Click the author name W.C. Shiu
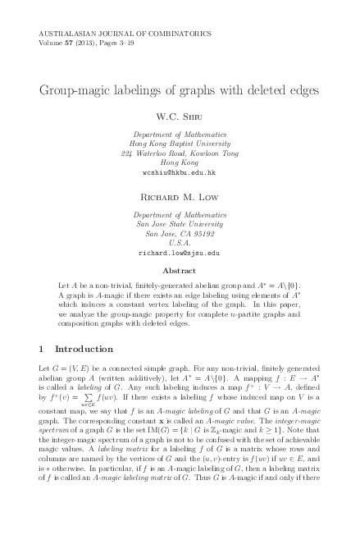click(x=180, y=116)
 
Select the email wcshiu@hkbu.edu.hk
click(x=180, y=173)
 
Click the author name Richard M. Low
click(x=180, y=197)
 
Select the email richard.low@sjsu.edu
click(x=180, y=254)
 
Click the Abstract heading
click(x=180, y=270)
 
